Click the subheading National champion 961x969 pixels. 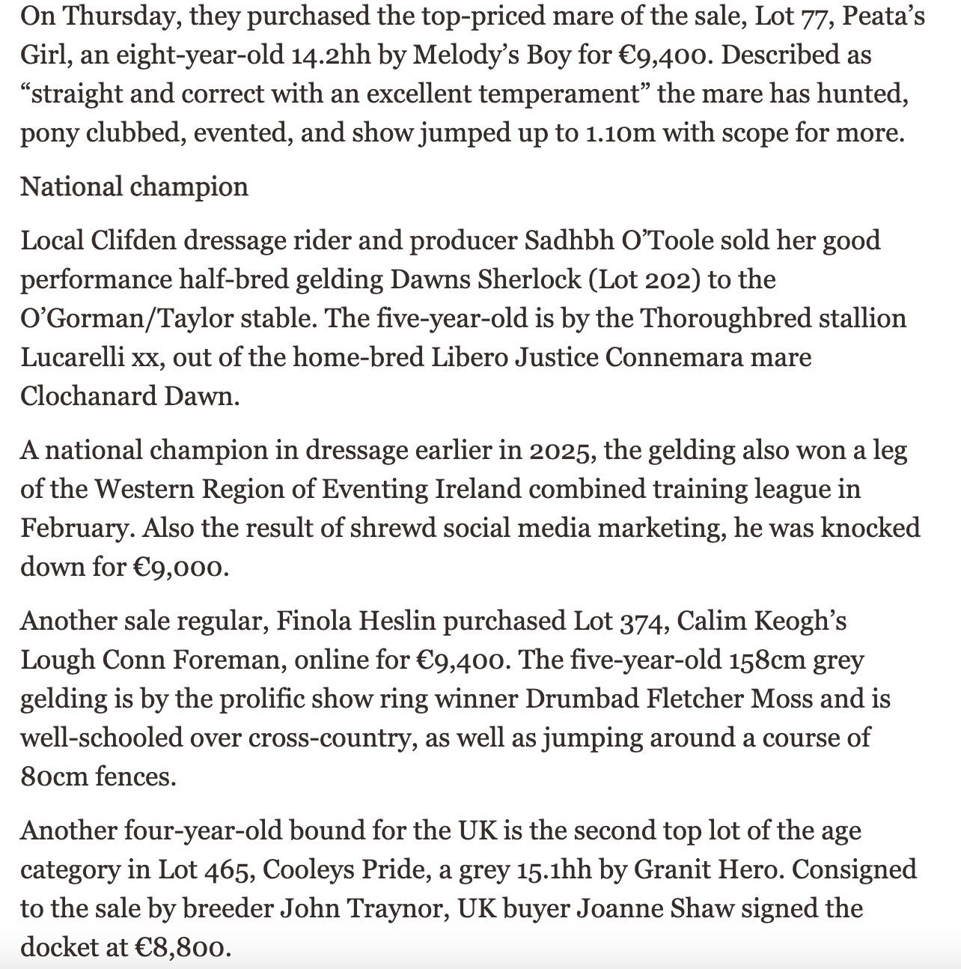click(x=134, y=186)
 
